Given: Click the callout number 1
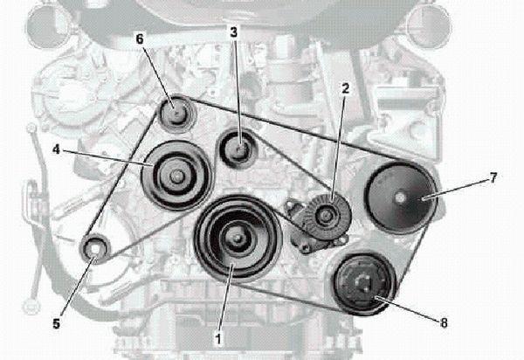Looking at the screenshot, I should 218,333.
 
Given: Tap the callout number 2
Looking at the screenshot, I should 346,89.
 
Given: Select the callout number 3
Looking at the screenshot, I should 234,31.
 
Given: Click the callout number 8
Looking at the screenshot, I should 444,322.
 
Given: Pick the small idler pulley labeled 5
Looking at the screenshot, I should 94,250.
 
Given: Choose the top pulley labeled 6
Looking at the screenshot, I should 176,113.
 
